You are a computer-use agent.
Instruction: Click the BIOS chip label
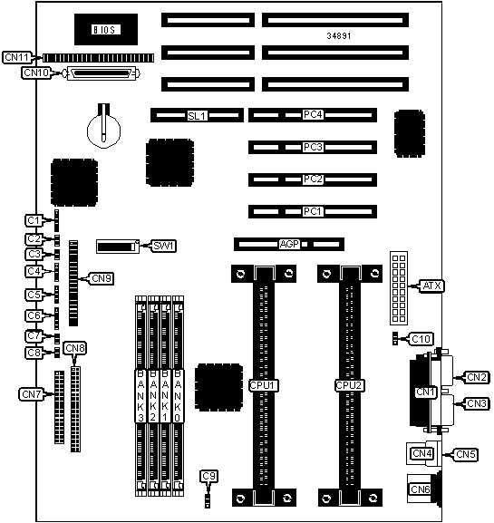(x=106, y=30)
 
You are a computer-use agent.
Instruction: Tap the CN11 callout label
(x=17, y=57)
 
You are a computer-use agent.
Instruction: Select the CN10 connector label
(x=36, y=73)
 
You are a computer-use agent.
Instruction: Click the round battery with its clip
(x=103, y=126)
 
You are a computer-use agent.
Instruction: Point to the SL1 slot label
(x=198, y=116)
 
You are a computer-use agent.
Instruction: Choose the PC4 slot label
(x=313, y=114)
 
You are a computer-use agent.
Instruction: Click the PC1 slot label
(x=313, y=211)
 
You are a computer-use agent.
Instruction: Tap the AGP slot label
(x=289, y=244)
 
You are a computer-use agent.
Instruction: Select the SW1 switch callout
(x=163, y=246)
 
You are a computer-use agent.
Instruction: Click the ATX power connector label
(x=432, y=286)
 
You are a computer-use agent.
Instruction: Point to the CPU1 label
(x=264, y=385)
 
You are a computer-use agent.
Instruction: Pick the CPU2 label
(x=350, y=385)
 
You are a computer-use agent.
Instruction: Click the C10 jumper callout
(x=421, y=339)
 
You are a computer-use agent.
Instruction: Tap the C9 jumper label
(x=209, y=476)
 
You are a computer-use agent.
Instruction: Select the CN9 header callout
(x=102, y=278)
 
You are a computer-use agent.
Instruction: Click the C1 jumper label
(x=34, y=220)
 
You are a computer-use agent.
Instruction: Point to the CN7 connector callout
(x=32, y=394)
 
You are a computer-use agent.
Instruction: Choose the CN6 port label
(x=421, y=489)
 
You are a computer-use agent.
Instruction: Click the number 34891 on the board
(x=339, y=35)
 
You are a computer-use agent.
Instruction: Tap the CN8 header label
(x=75, y=348)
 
